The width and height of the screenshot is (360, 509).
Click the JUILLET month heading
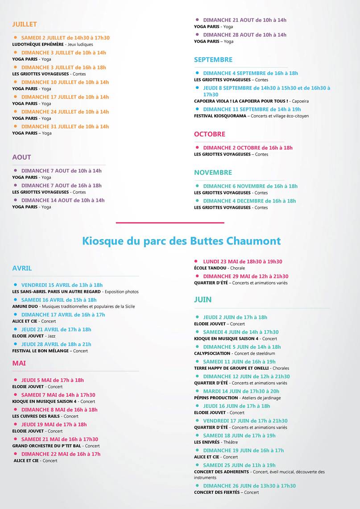pos(25,24)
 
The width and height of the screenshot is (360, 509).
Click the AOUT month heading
pos(21,157)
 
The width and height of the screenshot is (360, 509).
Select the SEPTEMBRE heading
pos(213,59)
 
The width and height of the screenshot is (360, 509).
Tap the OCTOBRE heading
pos(209,134)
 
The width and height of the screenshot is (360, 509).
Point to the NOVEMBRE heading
pos(213,172)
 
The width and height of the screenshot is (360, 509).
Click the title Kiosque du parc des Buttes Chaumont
pos(181,241)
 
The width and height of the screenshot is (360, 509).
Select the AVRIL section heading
pos(22,268)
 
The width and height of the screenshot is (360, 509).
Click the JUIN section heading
pos(203,299)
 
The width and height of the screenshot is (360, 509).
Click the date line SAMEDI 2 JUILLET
pos(65,38)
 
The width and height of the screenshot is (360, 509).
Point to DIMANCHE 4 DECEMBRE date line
pos(249,201)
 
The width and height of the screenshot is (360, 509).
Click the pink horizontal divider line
pos(170,222)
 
